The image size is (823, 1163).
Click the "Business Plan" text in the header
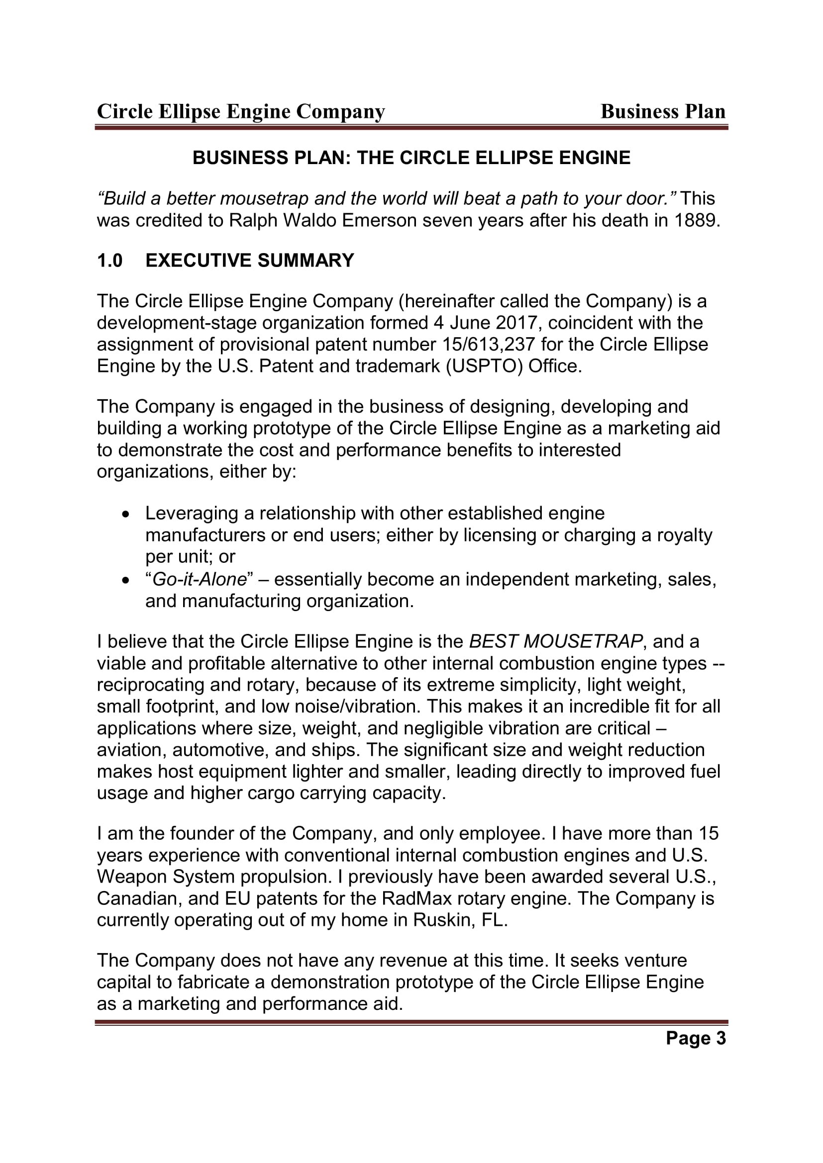(663, 111)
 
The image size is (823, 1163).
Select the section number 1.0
(109, 261)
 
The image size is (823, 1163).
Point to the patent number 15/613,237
(489, 345)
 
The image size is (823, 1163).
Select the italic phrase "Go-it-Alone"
(199, 579)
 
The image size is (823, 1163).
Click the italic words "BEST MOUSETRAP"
(556, 641)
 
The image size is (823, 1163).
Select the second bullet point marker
(126, 580)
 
